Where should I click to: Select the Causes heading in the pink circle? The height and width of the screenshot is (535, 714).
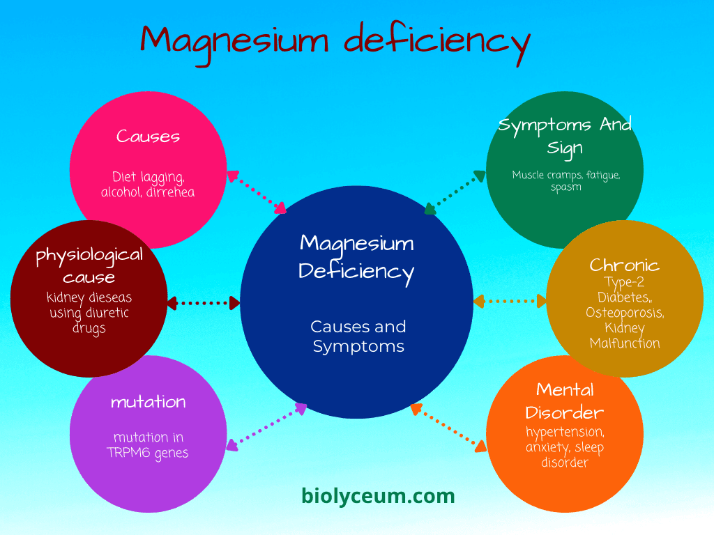148,136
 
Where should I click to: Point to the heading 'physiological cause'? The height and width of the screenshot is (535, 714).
89,265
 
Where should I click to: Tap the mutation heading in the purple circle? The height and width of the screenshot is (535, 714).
148,402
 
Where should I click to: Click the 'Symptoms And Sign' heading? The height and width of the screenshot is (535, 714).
565,135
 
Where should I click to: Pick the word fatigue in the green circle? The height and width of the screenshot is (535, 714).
600,175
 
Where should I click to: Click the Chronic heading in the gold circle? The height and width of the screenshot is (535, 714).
624,265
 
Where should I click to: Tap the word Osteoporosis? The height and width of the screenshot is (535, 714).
624,313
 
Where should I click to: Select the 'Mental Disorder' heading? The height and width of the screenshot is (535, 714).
565,401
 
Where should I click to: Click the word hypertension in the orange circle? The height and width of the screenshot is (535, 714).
565,432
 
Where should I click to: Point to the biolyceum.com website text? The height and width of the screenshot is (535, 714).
378,496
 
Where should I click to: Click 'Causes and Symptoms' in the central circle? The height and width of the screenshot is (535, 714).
358,336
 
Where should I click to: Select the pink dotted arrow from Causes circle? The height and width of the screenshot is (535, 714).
257,192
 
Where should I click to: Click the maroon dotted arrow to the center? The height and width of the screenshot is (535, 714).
204,303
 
